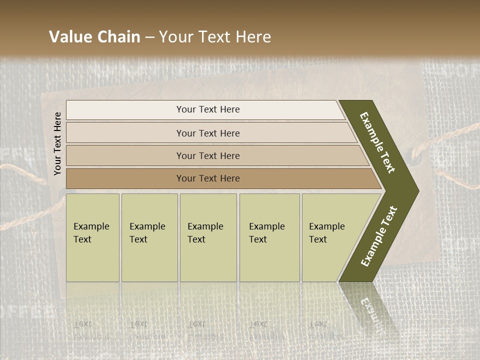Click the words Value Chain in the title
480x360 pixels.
pyautogui.click(x=94, y=37)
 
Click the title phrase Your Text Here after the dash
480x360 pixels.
pyautogui.click(x=215, y=37)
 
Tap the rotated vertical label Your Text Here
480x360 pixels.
pyautogui.click(x=57, y=143)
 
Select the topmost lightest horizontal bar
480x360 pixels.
pyautogui.click(x=125, y=110)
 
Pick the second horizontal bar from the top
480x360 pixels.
pyautogui.click(x=125, y=133)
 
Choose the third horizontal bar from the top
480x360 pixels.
pyautogui.click(x=125, y=155)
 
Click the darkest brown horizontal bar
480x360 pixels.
pyautogui.click(x=125, y=178)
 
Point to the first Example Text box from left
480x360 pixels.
pyautogui.click(x=92, y=237)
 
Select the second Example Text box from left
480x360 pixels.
pyautogui.click(x=149, y=237)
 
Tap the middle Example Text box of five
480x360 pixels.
pyautogui.click(x=208, y=237)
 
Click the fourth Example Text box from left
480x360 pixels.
pyautogui.click(x=269, y=237)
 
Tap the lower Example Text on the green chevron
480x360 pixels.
pyautogui.click(x=379, y=236)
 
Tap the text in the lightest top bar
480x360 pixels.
pyautogui.click(x=208, y=109)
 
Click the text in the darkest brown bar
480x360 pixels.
pyautogui.click(x=208, y=178)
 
